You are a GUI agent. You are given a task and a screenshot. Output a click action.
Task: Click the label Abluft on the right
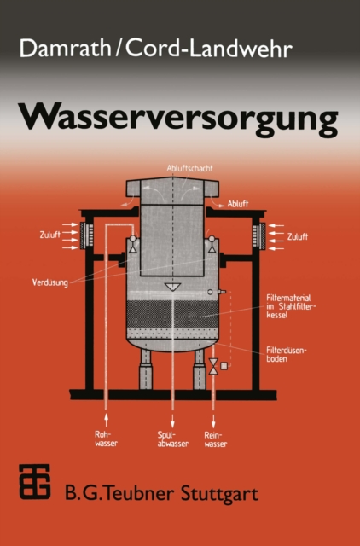238,205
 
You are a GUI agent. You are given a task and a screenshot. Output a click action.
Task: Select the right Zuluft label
298,235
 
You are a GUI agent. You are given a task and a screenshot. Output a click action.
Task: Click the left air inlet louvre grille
86,235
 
